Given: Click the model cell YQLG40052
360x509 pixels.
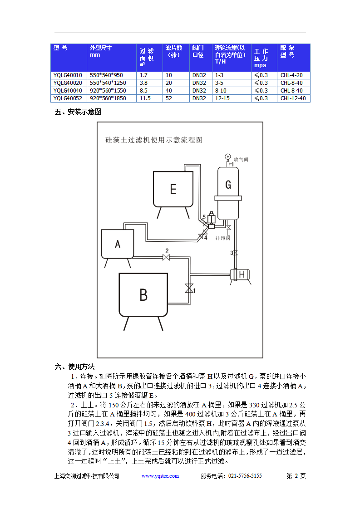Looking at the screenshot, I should [x=68, y=98].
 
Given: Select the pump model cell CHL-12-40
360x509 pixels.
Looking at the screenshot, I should [x=293, y=98].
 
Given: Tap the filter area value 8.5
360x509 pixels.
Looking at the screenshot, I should [x=144, y=90].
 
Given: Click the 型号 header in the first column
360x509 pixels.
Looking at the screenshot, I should [x=60, y=48].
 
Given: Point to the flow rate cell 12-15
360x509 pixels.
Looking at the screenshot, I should [x=222, y=98].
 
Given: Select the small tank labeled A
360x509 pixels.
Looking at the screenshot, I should [x=118, y=244].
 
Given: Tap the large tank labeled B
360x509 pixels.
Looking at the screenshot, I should [x=143, y=295].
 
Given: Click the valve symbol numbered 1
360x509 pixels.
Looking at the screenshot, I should [x=188, y=289].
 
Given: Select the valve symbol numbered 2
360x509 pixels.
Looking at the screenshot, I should [x=166, y=258].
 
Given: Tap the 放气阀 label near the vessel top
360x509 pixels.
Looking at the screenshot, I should [x=241, y=160].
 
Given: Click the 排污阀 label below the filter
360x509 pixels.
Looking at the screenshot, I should [x=223, y=238].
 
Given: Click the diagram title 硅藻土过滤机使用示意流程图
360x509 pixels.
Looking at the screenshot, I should [x=154, y=140].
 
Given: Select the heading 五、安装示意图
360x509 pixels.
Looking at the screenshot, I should [x=78, y=112].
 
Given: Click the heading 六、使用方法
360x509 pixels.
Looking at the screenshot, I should [x=74, y=367].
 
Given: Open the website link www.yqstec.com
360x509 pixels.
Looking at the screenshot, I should [x=160, y=476].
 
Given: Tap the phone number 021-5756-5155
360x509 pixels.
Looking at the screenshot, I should [x=245, y=476].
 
